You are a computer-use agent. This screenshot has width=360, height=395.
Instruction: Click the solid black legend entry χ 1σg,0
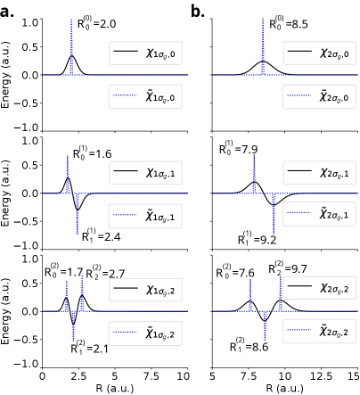[145, 53]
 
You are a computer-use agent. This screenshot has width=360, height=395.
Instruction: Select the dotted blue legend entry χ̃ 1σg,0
[145, 96]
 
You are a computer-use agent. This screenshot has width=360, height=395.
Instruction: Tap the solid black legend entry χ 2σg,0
[319, 53]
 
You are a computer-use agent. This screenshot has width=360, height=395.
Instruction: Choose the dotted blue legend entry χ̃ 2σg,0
[319, 96]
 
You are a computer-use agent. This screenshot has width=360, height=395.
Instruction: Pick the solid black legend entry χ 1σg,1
[145, 172]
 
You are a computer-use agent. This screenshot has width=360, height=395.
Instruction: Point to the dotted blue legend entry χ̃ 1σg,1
[145, 216]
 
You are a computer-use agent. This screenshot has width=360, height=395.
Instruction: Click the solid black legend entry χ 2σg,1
[319, 171]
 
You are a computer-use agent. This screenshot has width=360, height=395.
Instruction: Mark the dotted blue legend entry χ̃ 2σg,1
[319, 214]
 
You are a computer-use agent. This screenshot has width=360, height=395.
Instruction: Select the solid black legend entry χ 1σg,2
[145, 290]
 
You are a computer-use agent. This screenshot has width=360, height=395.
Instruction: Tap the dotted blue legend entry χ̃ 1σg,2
[145, 333]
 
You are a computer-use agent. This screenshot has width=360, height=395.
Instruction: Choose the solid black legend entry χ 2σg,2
[319, 288]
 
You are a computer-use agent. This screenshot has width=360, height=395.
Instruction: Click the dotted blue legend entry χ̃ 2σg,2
[319, 331]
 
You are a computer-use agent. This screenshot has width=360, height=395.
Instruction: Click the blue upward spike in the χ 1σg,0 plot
[71, 45]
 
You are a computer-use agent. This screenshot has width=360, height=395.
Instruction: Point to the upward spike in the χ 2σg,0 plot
[263, 45]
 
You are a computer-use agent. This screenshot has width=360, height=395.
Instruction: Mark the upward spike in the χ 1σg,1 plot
[67, 174]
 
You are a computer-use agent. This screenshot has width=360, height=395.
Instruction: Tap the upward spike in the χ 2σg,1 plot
[254, 174]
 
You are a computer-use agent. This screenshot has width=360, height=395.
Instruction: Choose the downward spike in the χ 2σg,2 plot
[265, 326]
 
